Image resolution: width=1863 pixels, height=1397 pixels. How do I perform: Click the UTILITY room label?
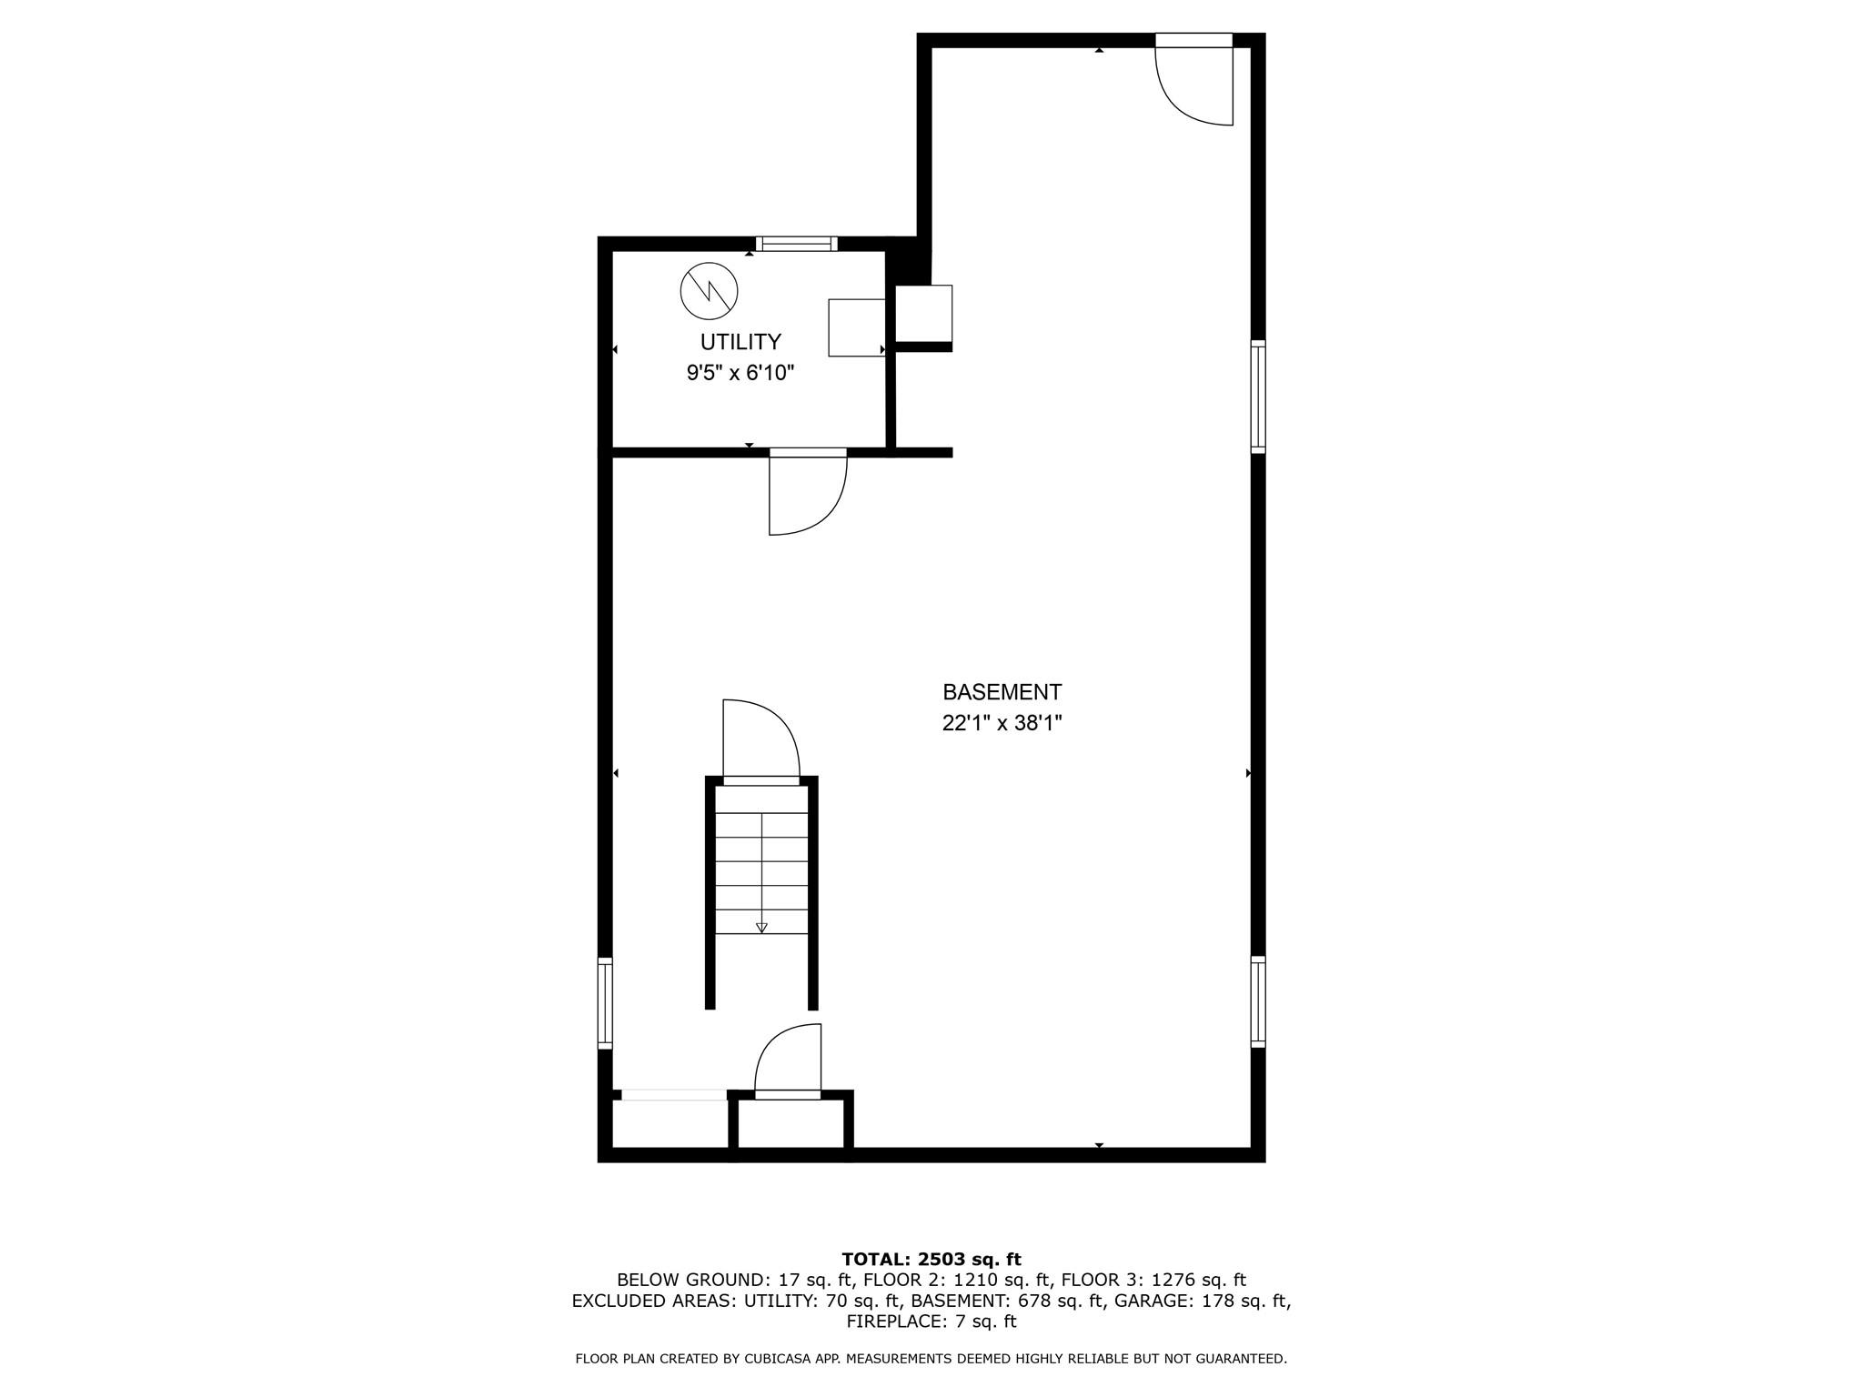(740, 342)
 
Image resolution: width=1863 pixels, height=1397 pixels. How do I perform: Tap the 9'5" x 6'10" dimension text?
(740, 373)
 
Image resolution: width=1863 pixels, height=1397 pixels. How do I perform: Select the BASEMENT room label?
(1002, 692)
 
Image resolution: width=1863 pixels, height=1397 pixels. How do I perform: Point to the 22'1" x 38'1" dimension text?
(1002, 724)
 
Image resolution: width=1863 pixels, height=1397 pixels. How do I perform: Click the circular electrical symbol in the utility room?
(709, 291)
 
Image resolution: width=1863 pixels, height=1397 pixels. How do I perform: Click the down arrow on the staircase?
(761, 927)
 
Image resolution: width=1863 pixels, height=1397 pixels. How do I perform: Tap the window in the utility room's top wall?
(796, 243)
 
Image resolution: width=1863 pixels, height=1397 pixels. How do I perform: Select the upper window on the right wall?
(1258, 396)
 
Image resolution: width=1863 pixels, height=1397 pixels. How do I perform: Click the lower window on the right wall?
(1258, 1000)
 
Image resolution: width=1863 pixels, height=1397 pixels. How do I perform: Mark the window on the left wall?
(605, 1002)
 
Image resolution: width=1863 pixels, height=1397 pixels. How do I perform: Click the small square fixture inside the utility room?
(856, 327)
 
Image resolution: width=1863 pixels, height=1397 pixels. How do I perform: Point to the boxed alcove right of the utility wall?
(923, 314)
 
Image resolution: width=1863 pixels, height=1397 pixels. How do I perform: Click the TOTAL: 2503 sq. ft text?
(931, 1260)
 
